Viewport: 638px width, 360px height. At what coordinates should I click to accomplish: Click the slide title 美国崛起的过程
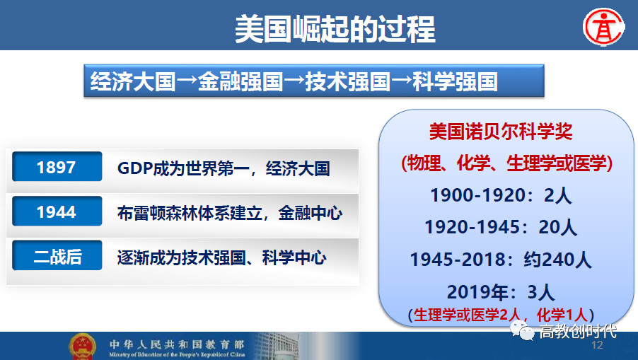[x=335, y=29]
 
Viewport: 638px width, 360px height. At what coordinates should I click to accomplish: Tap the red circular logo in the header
[x=603, y=27]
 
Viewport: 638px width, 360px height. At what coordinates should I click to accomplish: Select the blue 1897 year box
[x=57, y=166]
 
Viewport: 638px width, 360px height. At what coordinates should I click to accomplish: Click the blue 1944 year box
[x=57, y=211]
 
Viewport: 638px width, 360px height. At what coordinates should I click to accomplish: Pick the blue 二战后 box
[x=57, y=255]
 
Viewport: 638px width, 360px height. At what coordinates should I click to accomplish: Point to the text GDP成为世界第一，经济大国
[x=224, y=168]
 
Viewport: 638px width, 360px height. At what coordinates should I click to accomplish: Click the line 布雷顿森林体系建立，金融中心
[x=229, y=213]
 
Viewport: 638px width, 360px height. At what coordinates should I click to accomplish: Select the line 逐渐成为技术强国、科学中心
[x=222, y=257]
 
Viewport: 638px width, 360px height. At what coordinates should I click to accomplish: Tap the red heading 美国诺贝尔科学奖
[x=501, y=132]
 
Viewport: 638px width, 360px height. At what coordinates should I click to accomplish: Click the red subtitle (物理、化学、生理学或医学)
[x=506, y=163]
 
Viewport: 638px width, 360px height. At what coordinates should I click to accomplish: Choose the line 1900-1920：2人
[x=501, y=195]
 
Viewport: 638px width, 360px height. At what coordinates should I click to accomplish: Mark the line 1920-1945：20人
[x=501, y=227]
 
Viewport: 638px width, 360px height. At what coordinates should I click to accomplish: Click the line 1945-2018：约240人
[x=501, y=260]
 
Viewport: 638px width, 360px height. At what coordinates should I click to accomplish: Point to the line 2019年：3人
[x=501, y=291]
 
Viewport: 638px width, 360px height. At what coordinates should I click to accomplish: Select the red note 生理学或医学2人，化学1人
[x=501, y=315]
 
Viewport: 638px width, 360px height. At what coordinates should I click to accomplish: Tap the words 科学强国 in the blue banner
[x=455, y=81]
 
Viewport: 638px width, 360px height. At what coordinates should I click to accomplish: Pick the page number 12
[x=597, y=345]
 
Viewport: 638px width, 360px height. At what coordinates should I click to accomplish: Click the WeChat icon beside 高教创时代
[x=523, y=330]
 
